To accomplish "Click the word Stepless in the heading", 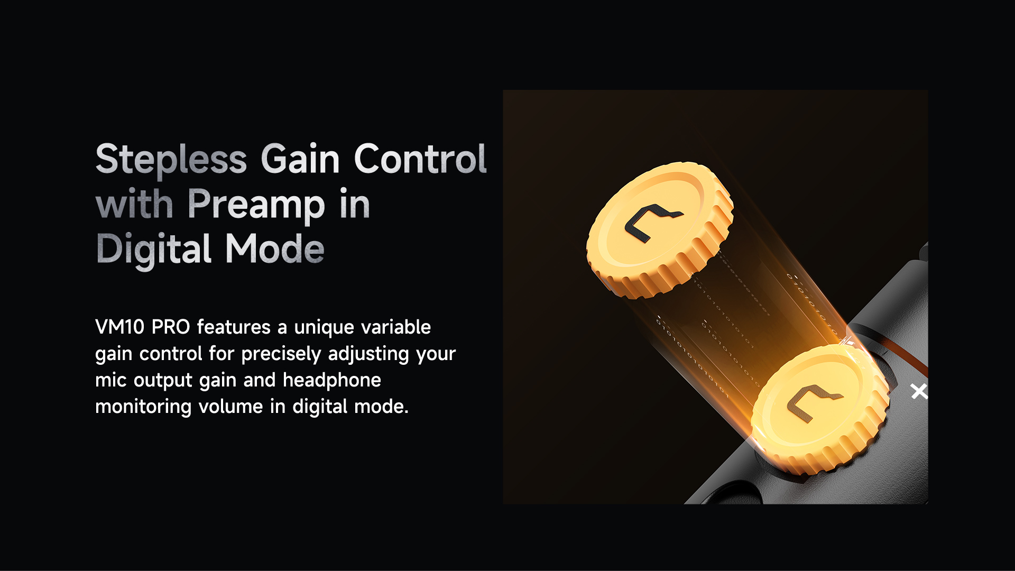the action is click(171, 159).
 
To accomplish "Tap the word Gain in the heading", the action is click(300, 159).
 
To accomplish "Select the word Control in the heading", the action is click(420, 159).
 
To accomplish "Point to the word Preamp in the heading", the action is click(256, 205).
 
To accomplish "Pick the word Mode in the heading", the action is click(275, 248).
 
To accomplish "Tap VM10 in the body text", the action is click(119, 327).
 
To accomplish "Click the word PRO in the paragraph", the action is click(171, 327).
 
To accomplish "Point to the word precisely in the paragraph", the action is click(281, 354).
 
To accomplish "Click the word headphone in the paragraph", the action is click(332, 380).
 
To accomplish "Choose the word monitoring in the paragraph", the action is click(143, 407).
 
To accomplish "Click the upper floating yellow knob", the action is click(660, 230).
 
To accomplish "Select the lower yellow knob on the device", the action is click(820, 409).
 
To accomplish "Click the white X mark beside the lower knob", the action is click(919, 391).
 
